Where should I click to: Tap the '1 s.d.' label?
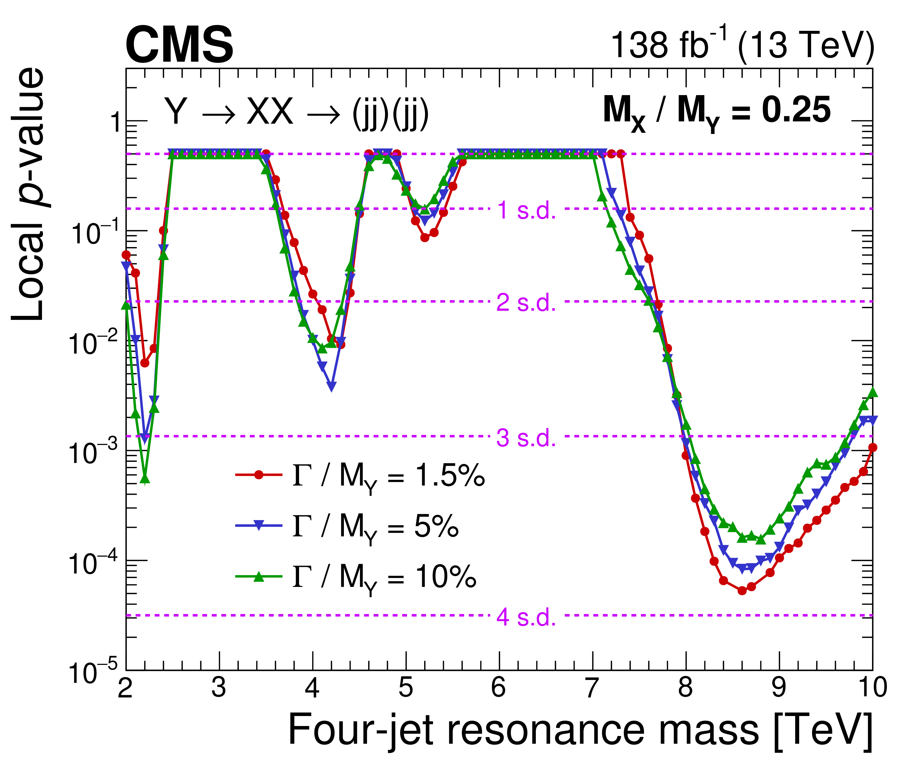526,210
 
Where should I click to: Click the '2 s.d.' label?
526,302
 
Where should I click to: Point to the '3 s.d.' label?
526,438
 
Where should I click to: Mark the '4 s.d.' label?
526,617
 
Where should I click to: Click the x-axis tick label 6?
499,687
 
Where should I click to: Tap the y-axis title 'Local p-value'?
28,194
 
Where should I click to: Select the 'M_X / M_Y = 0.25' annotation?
716,111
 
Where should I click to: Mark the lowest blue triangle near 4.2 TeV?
331,386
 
